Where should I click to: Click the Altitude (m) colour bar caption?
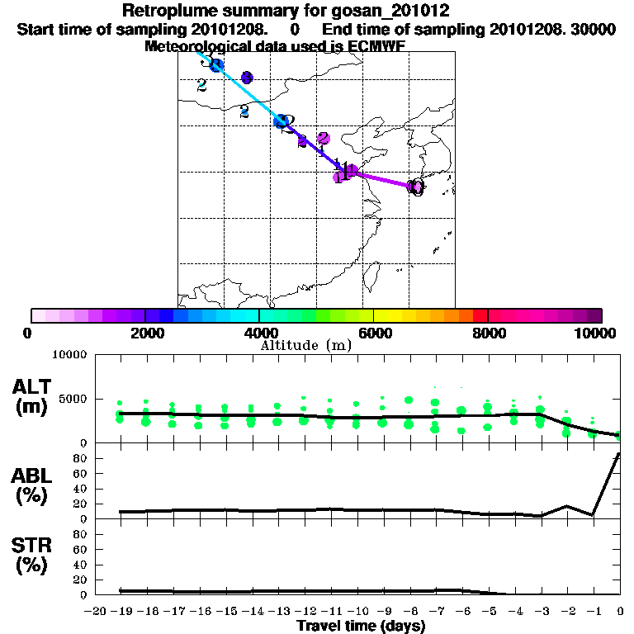point(305,345)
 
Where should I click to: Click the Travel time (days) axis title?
point(361,626)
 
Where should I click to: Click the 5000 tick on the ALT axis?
point(73,399)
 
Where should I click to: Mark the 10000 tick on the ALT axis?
point(69,355)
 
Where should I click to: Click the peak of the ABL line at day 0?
point(619,454)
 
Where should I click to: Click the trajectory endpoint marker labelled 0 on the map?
point(416,187)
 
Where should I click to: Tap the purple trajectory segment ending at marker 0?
point(383,180)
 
